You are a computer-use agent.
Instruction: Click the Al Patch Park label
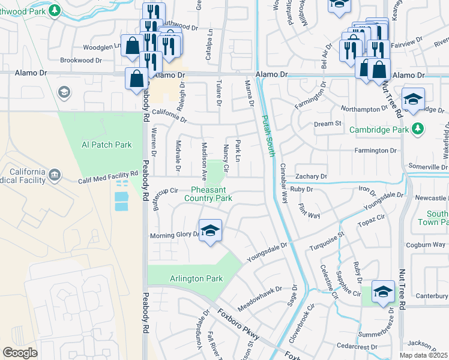point(106,145)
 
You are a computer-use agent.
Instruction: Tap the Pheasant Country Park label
point(208,193)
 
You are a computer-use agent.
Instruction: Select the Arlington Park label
point(196,278)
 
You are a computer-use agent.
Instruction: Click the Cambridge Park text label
point(377,129)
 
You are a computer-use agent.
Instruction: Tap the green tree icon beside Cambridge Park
point(417,129)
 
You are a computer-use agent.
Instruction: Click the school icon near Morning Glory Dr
point(209,232)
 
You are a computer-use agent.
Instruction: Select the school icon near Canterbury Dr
point(383,293)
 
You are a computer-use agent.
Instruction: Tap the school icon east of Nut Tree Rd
point(413,101)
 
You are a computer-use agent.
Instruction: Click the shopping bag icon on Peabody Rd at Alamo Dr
point(137,78)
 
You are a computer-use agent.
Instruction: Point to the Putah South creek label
point(268,135)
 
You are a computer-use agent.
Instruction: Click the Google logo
point(20,353)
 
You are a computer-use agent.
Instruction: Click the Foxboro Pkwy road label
point(238,324)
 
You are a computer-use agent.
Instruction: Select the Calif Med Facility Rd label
point(109,178)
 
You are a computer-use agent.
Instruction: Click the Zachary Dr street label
point(311,176)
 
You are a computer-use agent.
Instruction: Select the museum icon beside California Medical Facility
point(55,175)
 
